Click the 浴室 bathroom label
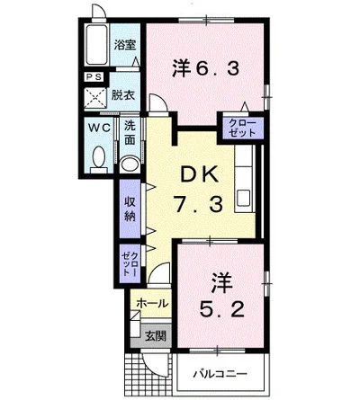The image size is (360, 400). [x=125, y=45]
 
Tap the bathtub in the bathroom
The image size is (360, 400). [x=96, y=45]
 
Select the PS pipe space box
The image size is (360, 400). [x=94, y=77]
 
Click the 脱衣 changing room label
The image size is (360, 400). [x=123, y=95]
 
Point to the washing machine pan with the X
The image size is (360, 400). [x=95, y=98]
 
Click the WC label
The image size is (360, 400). [x=99, y=128]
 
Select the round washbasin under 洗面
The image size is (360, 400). [x=130, y=164]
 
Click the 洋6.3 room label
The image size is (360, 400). [x=206, y=69]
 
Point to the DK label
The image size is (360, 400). [x=199, y=174]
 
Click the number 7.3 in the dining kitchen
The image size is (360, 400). [x=199, y=205]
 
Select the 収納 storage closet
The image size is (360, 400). [x=130, y=209]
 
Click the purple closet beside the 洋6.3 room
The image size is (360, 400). [x=243, y=128]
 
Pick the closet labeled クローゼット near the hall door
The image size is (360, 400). [x=130, y=263]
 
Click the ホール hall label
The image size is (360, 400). [x=152, y=304]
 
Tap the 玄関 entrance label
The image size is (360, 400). [x=156, y=336]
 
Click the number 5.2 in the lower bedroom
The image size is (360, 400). [x=222, y=309]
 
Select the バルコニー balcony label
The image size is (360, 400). [x=220, y=374]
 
